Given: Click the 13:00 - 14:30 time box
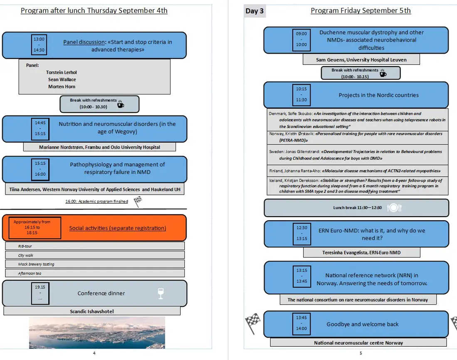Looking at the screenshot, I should coord(39,44).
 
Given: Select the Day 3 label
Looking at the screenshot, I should coord(254,11).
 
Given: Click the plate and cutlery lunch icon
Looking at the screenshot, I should coord(393,208).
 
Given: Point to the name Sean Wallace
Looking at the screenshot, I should coord(62,79).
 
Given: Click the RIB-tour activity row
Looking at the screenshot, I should coord(95,246).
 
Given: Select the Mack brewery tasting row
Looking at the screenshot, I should coord(95,264).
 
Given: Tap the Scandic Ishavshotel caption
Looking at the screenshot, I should coord(92,311).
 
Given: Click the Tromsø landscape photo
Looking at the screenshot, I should coord(97,332).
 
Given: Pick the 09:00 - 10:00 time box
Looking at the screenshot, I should coord(301,39).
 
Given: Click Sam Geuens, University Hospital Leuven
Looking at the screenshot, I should coord(361,60).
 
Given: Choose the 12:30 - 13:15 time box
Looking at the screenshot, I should coord(301,233).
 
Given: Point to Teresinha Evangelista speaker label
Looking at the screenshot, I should coord(361,252).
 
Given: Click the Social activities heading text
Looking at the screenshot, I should coord(117,228).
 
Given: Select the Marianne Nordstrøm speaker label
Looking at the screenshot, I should coord(99,147).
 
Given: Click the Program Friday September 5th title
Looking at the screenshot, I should coord(361,11).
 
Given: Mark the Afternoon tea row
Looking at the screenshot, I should coord(95,274).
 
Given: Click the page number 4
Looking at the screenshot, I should coord(94,353).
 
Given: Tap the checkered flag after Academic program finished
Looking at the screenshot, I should coord(138,202).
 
